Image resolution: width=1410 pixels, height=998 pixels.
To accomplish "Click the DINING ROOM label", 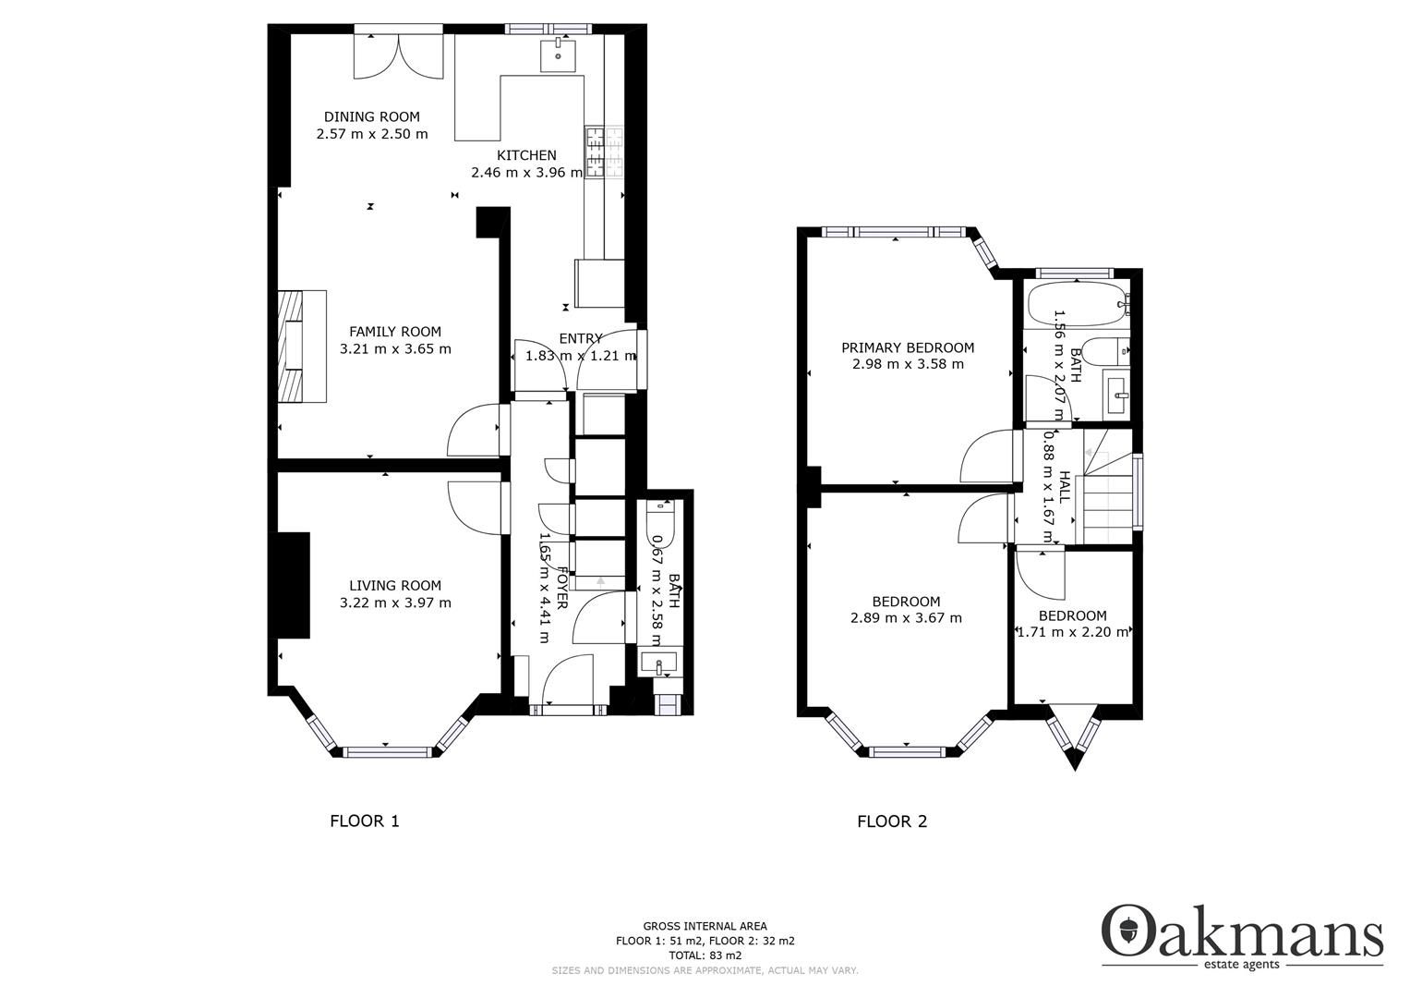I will tap(371, 116).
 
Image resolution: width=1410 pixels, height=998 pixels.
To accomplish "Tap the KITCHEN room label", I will tap(526, 155).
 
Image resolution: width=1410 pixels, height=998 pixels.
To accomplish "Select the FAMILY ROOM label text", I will tap(395, 332).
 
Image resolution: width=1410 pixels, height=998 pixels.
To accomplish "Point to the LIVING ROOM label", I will tap(395, 585).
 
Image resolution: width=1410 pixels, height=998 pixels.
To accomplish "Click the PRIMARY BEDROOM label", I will tap(908, 347).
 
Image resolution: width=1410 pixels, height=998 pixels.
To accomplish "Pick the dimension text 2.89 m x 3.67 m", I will tap(906, 618).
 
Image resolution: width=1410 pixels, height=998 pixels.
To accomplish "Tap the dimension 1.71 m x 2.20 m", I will tap(1072, 633).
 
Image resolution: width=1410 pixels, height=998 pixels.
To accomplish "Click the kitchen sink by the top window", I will tap(558, 55).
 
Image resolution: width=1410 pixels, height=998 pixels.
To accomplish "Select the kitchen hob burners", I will tap(603, 152).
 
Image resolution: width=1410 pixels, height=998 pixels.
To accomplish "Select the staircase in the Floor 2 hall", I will tap(1106, 499).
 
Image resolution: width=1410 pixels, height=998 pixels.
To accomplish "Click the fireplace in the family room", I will tap(301, 347).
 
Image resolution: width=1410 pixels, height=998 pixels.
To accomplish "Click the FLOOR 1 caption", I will tap(365, 821).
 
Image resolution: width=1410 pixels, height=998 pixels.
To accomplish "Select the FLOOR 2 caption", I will tap(892, 821).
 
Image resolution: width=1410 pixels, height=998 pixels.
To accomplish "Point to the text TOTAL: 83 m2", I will tap(705, 955).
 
